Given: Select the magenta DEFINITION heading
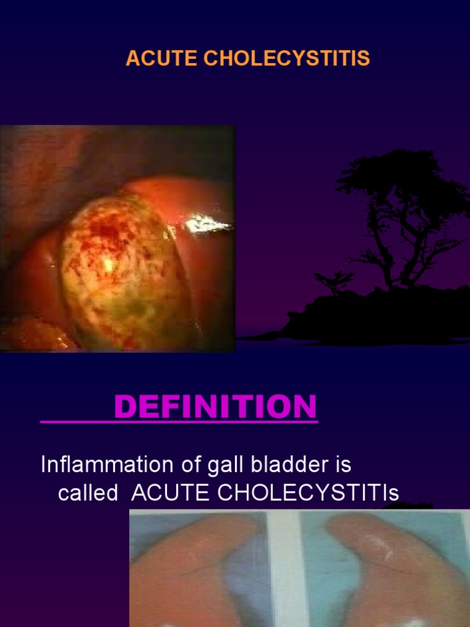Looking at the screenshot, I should [x=215, y=407].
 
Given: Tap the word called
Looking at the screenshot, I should [x=88, y=494].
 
